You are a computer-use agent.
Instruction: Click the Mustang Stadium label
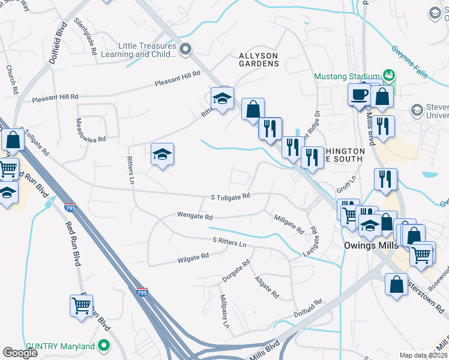click(x=348, y=76)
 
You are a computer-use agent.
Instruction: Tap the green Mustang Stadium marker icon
click(x=389, y=75)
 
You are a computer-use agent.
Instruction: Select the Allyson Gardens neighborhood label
click(x=259, y=60)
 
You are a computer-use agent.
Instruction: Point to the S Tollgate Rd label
click(x=229, y=197)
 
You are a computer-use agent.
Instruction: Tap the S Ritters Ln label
click(x=229, y=242)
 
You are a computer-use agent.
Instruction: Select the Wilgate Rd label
click(x=193, y=258)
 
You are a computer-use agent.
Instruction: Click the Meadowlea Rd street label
click(x=90, y=129)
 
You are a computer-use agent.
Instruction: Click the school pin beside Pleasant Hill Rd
click(x=222, y=99)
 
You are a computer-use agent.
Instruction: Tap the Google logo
click(x=20, y=353)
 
